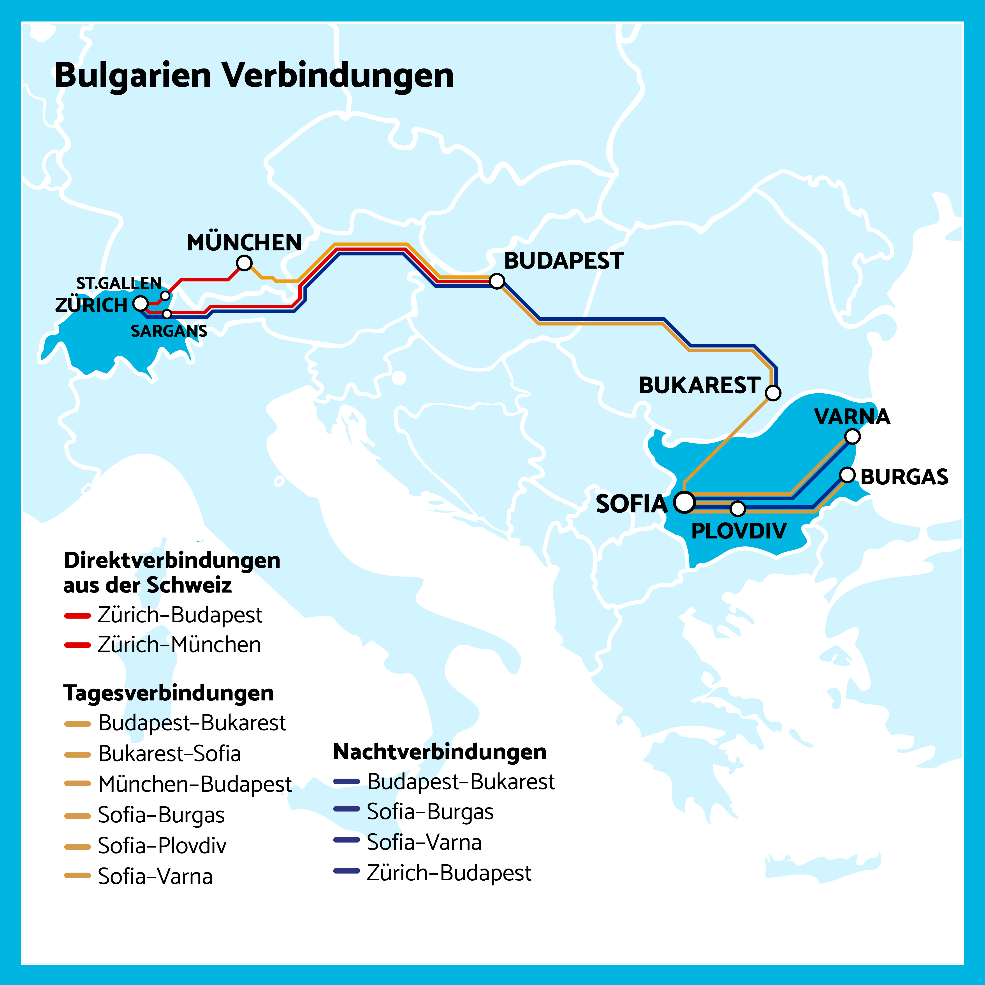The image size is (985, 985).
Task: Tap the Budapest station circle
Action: coord(497,281)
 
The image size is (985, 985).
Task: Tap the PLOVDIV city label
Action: coord(739,531)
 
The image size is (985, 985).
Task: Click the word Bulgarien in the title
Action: coord(133,76)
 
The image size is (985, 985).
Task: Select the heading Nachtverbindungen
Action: coord(440,752)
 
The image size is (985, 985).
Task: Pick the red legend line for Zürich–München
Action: coord(77,645)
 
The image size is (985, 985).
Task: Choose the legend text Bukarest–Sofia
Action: coord(169,754)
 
